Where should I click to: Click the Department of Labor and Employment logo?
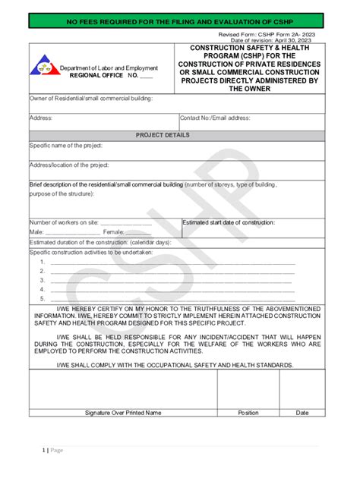(x=45, y=66)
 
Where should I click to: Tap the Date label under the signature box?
(x=302, y=413)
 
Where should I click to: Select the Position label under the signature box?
(x=248, y=413)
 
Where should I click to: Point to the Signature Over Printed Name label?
(x=123, y=413)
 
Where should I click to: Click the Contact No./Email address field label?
(x=215, y=118)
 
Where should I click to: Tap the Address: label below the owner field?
(x=41, y=118)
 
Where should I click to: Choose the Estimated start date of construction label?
(x=229, y=223)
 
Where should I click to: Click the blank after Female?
(x=138, y=232)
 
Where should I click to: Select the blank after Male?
(x=68, y=232)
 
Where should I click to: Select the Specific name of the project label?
(x=66, y=146)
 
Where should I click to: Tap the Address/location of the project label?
(x=69, y=165)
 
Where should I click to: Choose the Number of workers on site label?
(x=64, y=223)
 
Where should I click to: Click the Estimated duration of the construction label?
(x=100, y=242)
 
